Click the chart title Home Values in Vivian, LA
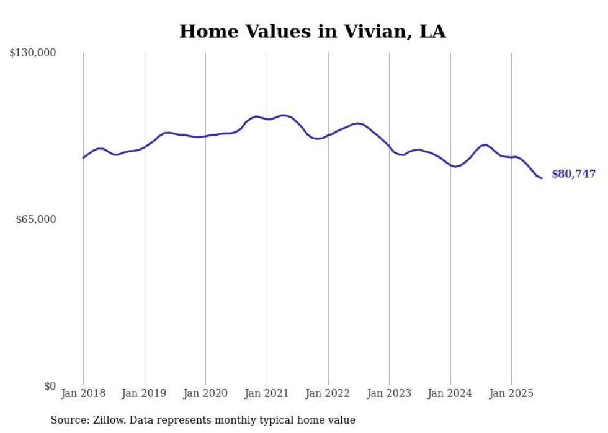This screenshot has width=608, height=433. [312, 32]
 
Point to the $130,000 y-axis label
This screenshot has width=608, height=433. [33, 53]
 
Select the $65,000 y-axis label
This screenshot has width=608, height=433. [36, 219]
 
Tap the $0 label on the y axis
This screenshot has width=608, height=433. [50, 386]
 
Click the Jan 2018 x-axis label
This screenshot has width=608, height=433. [83, 393]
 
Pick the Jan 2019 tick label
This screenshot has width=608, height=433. [145, 393]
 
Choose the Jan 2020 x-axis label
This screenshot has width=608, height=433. [205, 393]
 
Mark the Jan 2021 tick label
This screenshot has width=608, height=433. [267, 393]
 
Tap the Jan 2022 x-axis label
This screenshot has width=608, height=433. [328, 393]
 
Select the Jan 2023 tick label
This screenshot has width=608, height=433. [389, 393]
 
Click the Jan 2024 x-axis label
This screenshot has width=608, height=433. [450, 393]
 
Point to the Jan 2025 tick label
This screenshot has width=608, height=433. [511, 393]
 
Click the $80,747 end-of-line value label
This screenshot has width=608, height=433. [573, 174]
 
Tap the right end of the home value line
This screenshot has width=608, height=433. [542, 178]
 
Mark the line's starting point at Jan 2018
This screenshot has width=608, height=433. [83, 158]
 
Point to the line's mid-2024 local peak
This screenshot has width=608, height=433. [485, 144]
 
